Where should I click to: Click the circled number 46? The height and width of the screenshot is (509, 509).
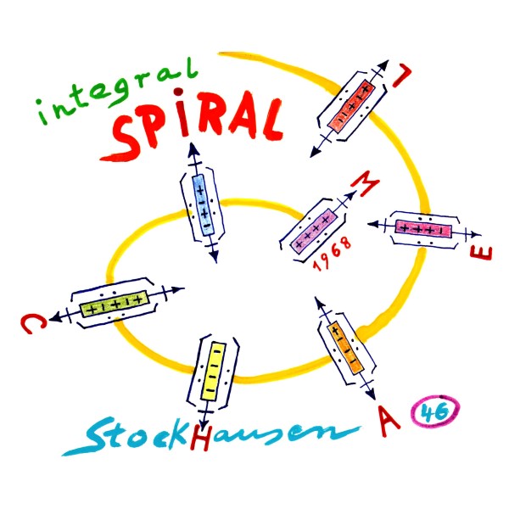click(433, 414)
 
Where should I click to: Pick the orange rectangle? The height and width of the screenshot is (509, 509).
click(346, 347)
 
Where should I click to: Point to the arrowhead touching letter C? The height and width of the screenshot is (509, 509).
click(54, 316)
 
